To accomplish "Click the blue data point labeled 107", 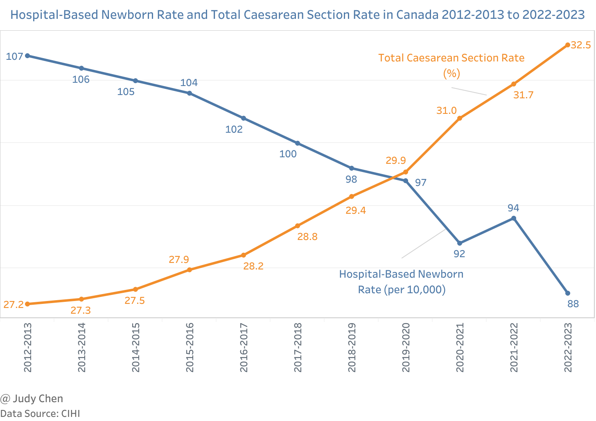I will coord(27,56).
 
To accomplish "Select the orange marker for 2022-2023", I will coord(567,45).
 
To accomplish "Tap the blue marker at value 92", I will coord(459,243).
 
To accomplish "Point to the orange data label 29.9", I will coord(395,161).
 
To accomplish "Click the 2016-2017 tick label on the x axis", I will coord(244,348).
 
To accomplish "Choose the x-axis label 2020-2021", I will coord(460,348).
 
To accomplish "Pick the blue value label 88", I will coord(573,304).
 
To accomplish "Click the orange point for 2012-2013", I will coord(27,304).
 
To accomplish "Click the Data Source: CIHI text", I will coord(40,413).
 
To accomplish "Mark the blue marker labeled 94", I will coord(513,218).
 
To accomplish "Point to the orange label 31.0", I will coord(446,111).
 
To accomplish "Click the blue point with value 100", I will coord(298,143).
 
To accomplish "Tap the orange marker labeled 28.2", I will coord(244,255).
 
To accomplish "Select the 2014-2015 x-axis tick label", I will coord(135,348).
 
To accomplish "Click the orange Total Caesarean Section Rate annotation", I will coord(451,65).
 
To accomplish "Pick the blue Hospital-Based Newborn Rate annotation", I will coord(401,282).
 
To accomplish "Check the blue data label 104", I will coord(189,83).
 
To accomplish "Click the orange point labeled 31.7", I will coord(513,84).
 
